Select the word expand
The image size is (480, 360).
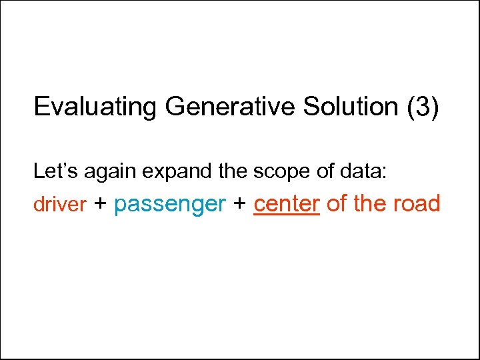pos(173,172)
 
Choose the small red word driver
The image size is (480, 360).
pos(60,205)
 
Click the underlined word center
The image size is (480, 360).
pos(287,203)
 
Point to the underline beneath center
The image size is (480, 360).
pos(287,214)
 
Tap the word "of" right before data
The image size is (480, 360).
pos(326,171)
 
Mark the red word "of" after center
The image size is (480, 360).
pos(337,203)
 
